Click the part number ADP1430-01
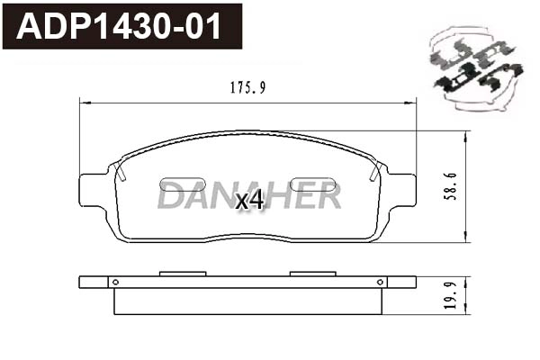coord(121,27)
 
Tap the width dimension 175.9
coord(247,88)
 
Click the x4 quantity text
coord(249,200)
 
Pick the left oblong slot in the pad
coord(182,184)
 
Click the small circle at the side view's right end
coord(382,282)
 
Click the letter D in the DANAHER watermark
coord(168,194)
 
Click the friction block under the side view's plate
coord(247,301)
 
